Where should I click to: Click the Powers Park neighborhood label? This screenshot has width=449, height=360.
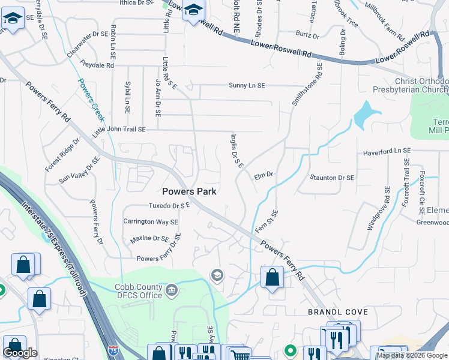[x=189, y=191]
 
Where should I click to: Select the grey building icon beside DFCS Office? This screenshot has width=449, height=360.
[x=172, y=291]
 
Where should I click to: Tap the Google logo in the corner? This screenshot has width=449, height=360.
[x=20, y=353]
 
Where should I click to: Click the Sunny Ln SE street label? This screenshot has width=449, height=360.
[x=246, y=86]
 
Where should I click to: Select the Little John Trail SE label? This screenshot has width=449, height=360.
[x=119, y=130]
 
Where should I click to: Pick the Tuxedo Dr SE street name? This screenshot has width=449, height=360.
[x=169, y=205]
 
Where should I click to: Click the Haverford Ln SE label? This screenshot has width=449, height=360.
[x=387, y=152]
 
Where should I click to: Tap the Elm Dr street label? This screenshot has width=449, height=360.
[x=264, y=175]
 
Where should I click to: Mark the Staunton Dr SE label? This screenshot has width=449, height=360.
[x=332, y=178]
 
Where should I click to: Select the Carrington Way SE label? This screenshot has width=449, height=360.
[x=151, y=221]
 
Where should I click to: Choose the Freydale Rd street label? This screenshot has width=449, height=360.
[x=92, y=65]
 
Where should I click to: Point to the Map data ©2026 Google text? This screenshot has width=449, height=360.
[x=412, y=355]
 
